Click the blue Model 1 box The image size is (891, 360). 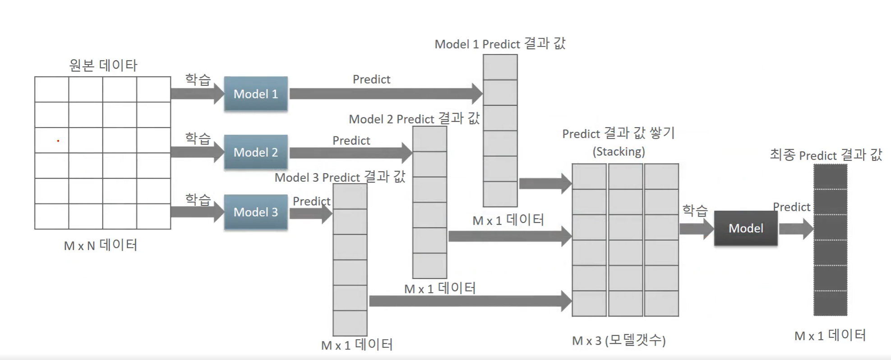[x=256, y=94]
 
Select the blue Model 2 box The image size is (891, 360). [x=256, y=152]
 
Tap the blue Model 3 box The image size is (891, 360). [x=256, y=212]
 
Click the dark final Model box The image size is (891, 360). [x=746, y=228]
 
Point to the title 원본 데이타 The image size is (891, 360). [x=103, y=65]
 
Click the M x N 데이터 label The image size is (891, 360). [x=100, y=245]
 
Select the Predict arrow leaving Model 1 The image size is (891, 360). [x=386, y=94]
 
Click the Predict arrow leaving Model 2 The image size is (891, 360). [x=351, y=153]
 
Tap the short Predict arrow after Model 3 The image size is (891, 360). [x=311, y=213]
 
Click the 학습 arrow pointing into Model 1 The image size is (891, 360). [x=198, y=94]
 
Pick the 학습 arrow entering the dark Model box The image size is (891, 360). [x=697, y=229]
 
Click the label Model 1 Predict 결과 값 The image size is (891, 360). [x=500, y=44]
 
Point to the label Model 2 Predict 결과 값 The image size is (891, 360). [x=414, y=119]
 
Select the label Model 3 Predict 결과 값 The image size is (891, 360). [x=340, y=177]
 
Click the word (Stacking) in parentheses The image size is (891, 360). [x=619, y=152]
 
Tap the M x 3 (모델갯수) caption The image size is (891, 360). [x=619, y=340]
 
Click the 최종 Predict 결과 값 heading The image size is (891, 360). [x=826, y=155]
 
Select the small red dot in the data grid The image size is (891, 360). [x=58, y=141]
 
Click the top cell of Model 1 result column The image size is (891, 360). [x=500, y=67]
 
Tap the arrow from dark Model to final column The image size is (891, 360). [x=796, y=229]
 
